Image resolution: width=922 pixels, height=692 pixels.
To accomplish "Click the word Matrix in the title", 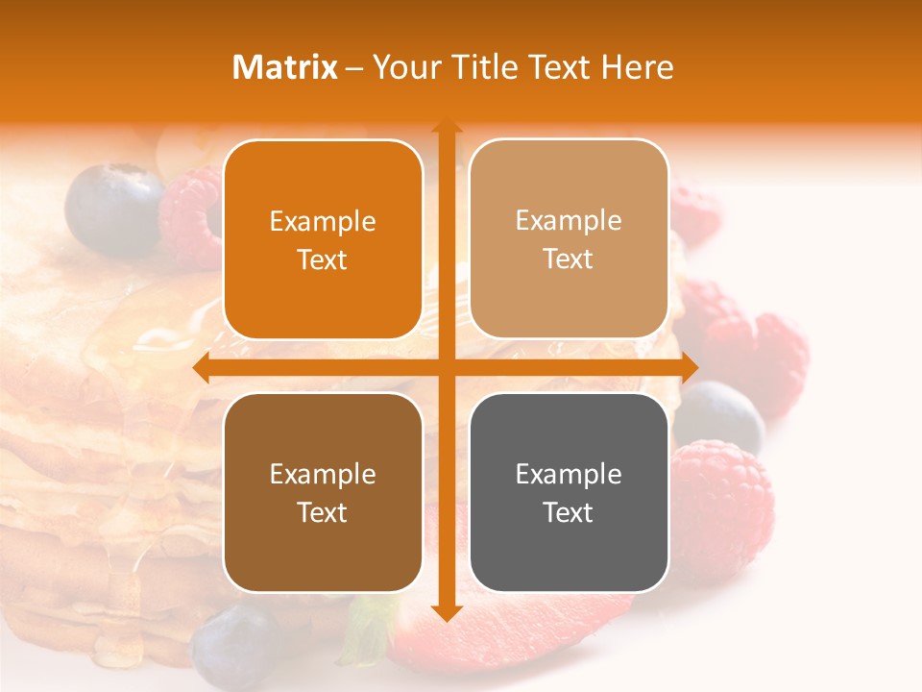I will coord(285,67).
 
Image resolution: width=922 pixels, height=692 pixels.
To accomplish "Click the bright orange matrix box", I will coord(323,239).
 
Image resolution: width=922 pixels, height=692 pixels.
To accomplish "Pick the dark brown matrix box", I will coord(323,492).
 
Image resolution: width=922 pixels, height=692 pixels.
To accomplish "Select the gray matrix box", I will coord(569,492).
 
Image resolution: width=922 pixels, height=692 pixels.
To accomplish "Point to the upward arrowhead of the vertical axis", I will coord(446,126).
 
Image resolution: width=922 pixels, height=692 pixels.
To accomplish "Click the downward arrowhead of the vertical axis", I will coord(446,612).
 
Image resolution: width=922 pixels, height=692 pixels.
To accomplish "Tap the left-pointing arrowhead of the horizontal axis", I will coord(202,367).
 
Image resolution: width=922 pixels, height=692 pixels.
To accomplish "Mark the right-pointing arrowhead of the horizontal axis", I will coord(689,367).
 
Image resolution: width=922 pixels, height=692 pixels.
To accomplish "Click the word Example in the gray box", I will coord(569,474).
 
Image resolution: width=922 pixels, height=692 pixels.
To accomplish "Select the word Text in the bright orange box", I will coord(323,259).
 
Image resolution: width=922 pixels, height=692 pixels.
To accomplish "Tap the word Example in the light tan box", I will coord(569,220).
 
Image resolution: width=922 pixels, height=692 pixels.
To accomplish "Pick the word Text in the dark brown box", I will coord(323,512).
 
